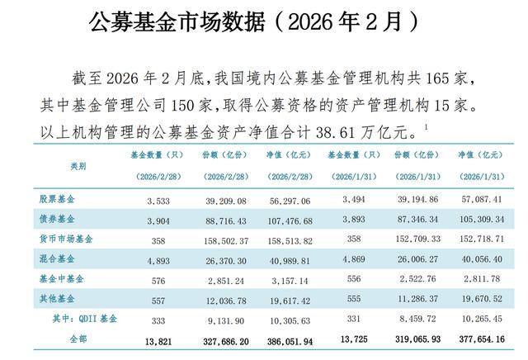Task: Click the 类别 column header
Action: [x=78, y=166]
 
